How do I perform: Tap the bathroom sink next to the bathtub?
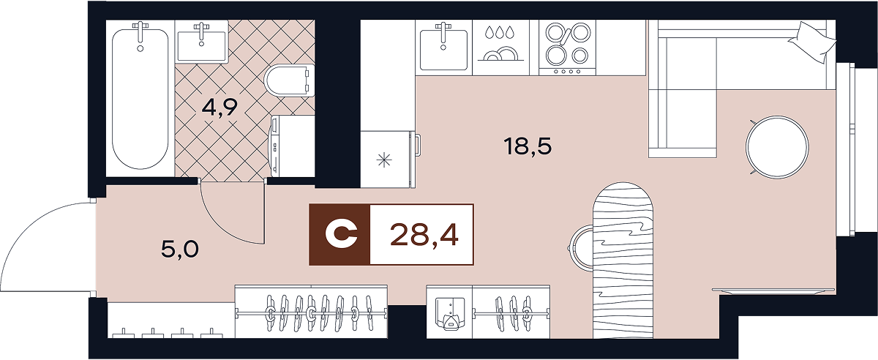click(x=201, y=42)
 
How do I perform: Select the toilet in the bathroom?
click(x=289, y=80)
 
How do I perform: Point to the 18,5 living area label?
click(x=527, y=146)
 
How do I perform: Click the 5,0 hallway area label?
click(x=180, y=250)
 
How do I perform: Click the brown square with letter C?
click(x=340, y=234)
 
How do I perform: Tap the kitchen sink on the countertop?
click(x=443, y=45)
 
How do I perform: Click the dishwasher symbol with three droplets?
click(x=501, y=46)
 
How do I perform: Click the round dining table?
click(x=777, y=146)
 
